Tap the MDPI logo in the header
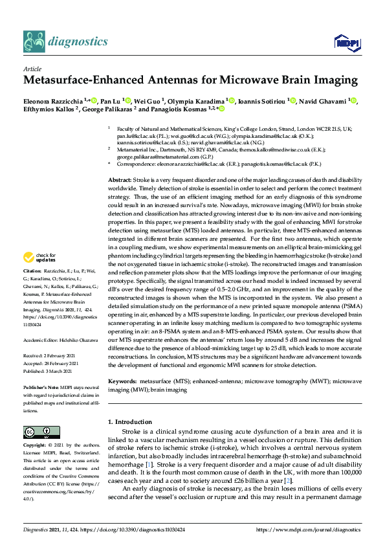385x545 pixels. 346,43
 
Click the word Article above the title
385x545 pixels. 32,68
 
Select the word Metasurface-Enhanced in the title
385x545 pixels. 88,81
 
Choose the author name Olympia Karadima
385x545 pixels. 197,101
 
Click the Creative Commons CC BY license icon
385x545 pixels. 37,432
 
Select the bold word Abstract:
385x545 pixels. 120,179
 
